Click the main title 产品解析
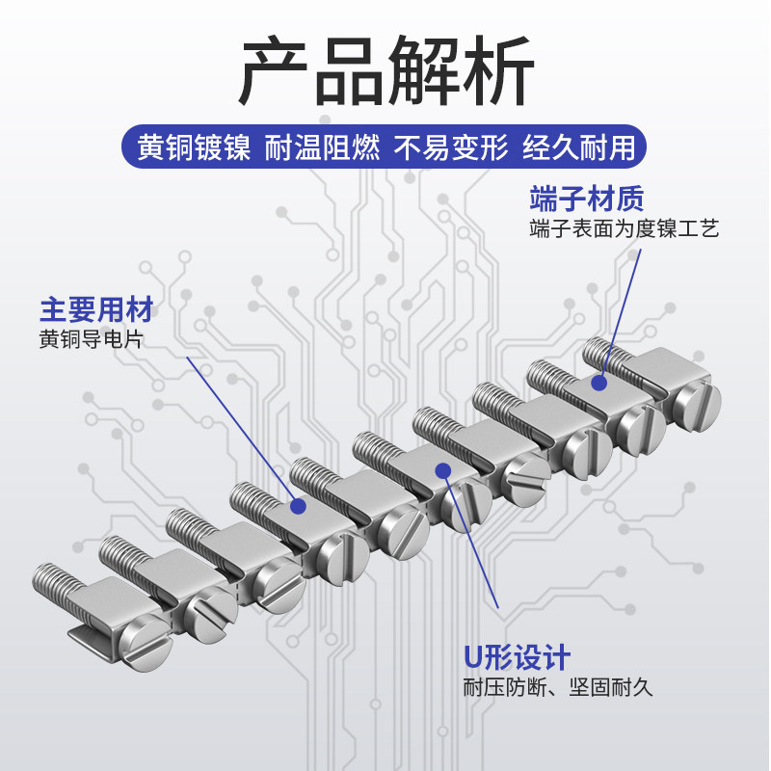(x=385, y=72)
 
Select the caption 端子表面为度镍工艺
(x=624, y=229)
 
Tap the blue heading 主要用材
(x=96, y=310)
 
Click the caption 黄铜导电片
(x=96, y=339)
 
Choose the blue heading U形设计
(x=517, y=658)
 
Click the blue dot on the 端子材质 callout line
(x=598, y=383)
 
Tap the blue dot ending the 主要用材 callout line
(x=298, y=505)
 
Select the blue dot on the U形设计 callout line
(x=442, y=470)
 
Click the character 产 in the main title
(x=274, y=72)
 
